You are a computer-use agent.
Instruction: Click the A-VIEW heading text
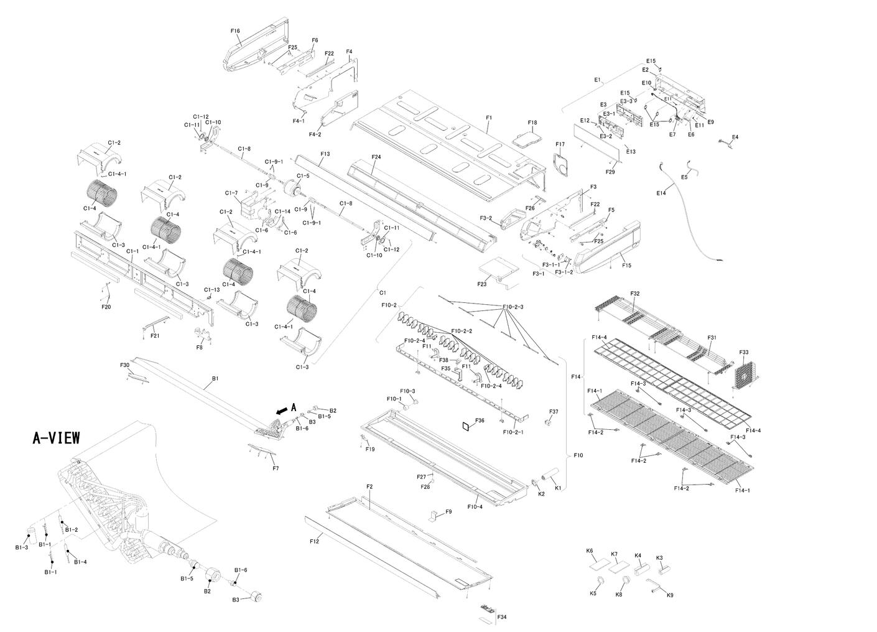(56, 438)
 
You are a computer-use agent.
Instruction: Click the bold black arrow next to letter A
(282, 410)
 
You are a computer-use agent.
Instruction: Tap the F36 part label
(480, 421)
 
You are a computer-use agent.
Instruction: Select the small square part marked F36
(464, 427)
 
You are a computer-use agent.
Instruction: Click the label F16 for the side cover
(235, 30)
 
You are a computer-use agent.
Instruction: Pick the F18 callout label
(532, 123)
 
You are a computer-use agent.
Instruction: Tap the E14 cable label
(661, 193)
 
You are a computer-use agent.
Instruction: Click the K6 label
(590, 551)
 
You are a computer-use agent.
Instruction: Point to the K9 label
(670, 595)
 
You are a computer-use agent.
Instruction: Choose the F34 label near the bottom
(502, 616)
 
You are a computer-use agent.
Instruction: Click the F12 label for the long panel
(314, 541)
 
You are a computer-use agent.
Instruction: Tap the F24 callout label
(376, 157)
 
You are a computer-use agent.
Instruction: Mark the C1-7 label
(231, 193)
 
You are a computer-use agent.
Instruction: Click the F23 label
(482, 284)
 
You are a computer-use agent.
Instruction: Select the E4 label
(735, 137)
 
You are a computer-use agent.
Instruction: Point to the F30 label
(124, 365)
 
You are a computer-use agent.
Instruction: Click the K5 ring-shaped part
(601, 582)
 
